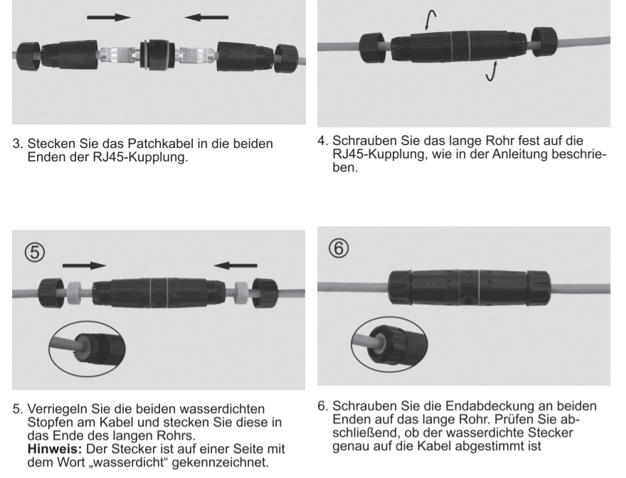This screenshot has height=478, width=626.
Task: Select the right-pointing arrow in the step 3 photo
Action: click(x=109, y=16)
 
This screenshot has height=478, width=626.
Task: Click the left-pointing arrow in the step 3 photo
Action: click(x=206, y=16)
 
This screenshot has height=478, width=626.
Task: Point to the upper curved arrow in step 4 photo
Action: click(x=431, y=18)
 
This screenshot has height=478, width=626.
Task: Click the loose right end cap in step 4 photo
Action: click(x=544, y=42)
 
